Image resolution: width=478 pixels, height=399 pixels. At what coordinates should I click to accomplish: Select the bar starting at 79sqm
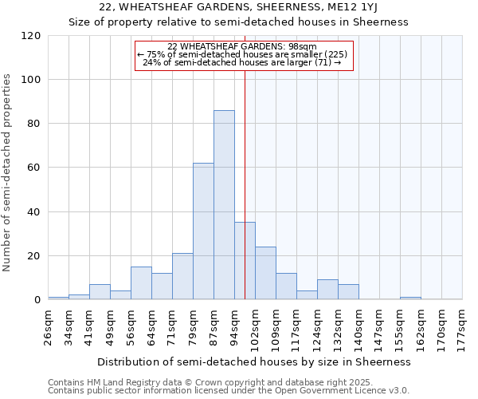tap(203, 231)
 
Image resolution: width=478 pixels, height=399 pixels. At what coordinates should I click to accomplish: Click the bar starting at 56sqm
tap(141, 283)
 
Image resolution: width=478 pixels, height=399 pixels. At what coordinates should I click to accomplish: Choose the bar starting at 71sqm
tap(182, 276)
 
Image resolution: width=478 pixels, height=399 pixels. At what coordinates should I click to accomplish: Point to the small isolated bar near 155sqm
tap(410, 298)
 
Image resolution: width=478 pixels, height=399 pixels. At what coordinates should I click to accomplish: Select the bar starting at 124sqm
tap(327, 290)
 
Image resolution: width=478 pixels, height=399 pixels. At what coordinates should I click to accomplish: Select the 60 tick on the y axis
tap(34, 168)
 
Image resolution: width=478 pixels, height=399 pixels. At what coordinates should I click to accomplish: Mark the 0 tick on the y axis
tap(37, 300)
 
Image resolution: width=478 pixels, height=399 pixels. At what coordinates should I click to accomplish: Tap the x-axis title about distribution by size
tap(254, 361)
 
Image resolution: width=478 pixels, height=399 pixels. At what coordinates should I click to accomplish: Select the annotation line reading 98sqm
tap(243, 46)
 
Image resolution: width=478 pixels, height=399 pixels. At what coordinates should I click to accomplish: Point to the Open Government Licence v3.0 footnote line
tap(228, 390)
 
